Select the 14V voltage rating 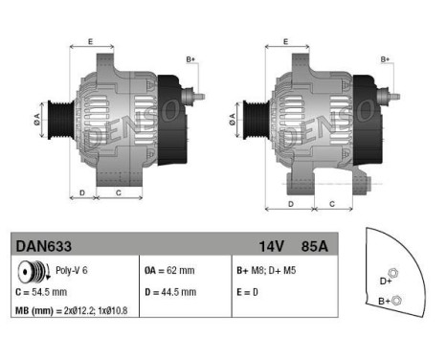(x=269, y=246)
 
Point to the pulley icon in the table (x=27, y=271)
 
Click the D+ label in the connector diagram (x=386, y=281)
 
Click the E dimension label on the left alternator (x=90, y=41)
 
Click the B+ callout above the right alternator (x=385, y=59)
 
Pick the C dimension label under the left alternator (x=118, y=191)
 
